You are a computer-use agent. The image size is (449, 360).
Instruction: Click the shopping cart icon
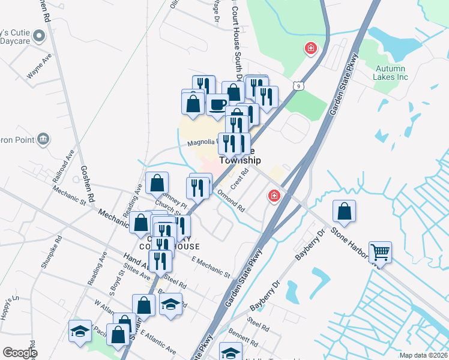click(x=381, y=251)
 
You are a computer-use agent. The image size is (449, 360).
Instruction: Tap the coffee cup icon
click(x=217, y=104)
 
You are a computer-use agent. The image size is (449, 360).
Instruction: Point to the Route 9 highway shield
click(x=299, y=86)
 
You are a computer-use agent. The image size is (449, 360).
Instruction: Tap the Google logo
click(x=20, y=353)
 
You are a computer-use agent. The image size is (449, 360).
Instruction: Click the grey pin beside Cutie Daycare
click(x=40, y=37)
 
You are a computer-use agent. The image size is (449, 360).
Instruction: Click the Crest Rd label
click(x=240, y=178)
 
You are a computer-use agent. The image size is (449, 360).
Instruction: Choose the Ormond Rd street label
click(x=231, y=201)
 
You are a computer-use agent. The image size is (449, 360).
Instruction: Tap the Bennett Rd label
click(x=243, y=336)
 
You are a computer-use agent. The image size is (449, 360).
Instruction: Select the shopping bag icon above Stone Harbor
click(x=344, y=211)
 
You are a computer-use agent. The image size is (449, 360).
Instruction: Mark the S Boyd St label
click(x=115, y=278)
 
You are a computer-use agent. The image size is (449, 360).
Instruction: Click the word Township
click(x=240, y=161)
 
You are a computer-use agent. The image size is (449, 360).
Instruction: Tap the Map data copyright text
click(x=424, y=355)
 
